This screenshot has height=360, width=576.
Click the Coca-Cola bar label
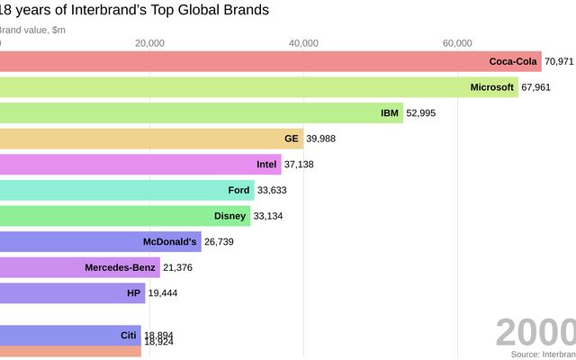513,61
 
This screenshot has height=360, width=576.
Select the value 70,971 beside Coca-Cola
559,61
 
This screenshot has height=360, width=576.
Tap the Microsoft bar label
492,87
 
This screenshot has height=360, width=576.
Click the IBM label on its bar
391,113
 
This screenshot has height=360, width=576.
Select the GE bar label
291,139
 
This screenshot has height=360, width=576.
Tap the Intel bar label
266,165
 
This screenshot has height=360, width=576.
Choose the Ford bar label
238,190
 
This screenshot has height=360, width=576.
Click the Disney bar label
229,216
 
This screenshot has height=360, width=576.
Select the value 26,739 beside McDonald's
220,241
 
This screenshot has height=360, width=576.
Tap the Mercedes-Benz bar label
120,267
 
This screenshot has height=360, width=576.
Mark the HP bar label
134,292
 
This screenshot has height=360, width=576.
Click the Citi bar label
128,335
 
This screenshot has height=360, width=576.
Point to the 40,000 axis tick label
304,43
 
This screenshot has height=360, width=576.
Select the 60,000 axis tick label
458,43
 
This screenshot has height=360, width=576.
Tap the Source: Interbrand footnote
543,355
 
